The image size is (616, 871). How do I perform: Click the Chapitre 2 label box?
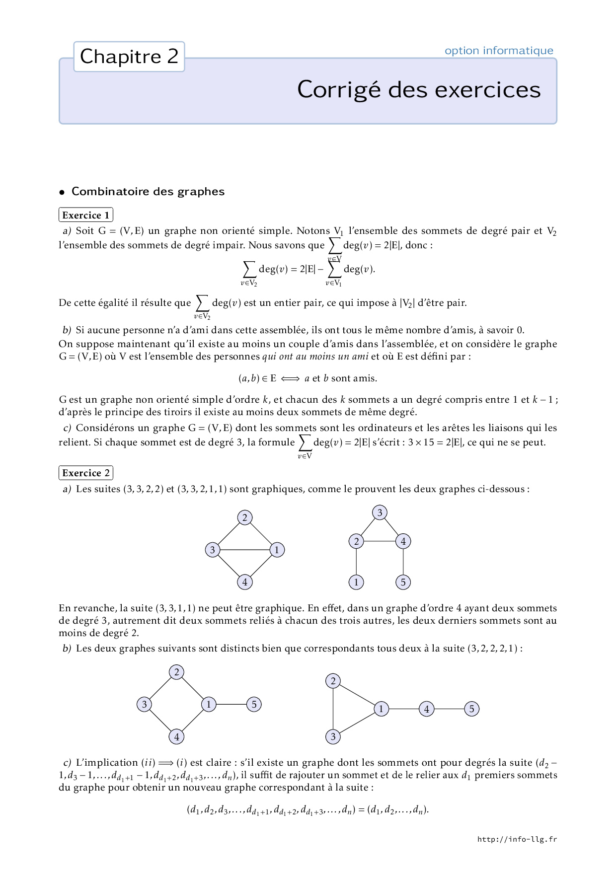click(x=129, y=57)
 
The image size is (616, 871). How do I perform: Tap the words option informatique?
click(x=499, y=51)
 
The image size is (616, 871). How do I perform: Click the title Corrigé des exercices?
click(x=419, y=90)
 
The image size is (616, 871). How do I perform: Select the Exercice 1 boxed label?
click(x=86, y=215)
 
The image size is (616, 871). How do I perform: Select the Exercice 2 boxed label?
click(x=86, y=473)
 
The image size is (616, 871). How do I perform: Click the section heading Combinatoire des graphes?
click(x=148, y=192)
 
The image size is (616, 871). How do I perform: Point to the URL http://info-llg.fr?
click(x=517, y=839)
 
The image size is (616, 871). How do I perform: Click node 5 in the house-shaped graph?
click(x=403, y=582)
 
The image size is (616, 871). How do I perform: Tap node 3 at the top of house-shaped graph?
click(x=380, y=512)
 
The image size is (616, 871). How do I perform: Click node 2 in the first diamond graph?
click(x=244, y=517)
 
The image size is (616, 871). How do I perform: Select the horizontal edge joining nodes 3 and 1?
click(x=244, y=550)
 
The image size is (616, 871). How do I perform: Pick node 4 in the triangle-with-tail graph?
click(x=426, y=709)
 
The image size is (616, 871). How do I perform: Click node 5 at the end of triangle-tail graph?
click(x=471, y=709)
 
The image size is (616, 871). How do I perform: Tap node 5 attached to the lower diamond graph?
click(x=254, y=704)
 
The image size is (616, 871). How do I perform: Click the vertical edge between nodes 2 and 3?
click(x=333, y=709)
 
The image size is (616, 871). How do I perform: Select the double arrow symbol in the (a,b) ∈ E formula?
click(x=290, y=378)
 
